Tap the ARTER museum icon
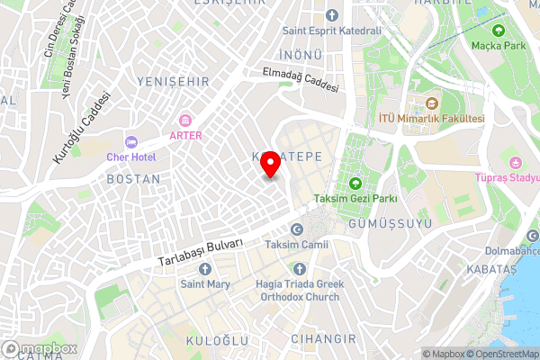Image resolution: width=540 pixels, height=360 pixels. coord(186,121)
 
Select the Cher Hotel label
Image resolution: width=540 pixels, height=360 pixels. coord(131,157)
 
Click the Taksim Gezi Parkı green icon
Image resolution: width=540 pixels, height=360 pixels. coord(355,184)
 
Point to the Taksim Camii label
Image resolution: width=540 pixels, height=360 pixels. coord(297,245)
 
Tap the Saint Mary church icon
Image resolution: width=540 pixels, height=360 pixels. coord(204,269)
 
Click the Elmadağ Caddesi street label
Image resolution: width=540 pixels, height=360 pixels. coord(301,80)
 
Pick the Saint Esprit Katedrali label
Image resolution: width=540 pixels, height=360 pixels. coord(332,30)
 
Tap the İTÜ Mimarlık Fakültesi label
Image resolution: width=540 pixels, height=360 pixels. coord(445,119)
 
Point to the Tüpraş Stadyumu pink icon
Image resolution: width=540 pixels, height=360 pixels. coord(516,163)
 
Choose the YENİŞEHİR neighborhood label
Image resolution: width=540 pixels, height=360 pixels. coord(173,82)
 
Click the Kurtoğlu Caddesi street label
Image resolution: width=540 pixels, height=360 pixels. coord(82,127)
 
